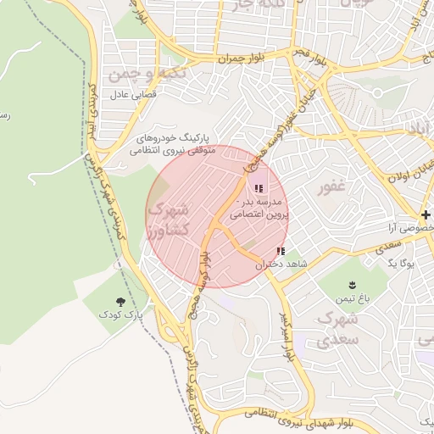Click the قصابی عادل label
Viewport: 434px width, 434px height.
click(128, 94)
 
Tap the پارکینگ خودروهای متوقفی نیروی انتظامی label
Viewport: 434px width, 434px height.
click(174, 143)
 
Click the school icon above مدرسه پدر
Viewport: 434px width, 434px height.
click(259, 188)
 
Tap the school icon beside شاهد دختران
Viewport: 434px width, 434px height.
click(281, 252)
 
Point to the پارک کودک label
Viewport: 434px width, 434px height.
click(119, 314)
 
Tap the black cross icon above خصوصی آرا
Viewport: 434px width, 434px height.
click(426, 214)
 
